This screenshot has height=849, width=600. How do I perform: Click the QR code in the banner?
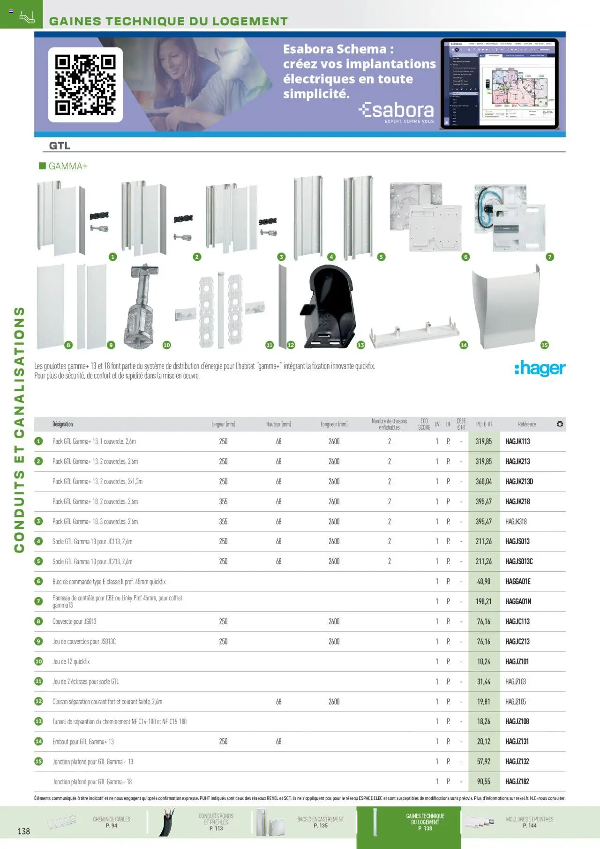[x=85, y=85]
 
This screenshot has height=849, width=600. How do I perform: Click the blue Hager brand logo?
[x=540, y=369]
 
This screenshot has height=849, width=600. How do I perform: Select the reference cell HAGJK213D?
[x=519, y=482]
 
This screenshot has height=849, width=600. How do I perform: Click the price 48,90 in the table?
[x=483, y=582]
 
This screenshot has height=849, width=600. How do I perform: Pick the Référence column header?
[x=527, y=424]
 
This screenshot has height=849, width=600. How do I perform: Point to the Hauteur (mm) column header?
[x=278, y=424]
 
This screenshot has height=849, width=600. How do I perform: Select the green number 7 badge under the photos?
[x=550, y=257]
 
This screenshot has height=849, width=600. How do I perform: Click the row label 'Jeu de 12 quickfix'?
[x=71, y=662]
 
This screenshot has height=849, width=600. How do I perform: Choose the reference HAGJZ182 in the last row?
[x=517, y=782]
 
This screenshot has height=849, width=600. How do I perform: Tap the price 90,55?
[x=483, y=782]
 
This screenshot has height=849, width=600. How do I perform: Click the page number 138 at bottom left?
[x=23, y=832]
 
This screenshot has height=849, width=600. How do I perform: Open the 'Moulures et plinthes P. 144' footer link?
[x=529, y=822]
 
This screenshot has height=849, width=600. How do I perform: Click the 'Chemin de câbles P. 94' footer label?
[x=112, y=822]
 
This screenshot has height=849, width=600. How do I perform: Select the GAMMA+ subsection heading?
[x=67, y=167]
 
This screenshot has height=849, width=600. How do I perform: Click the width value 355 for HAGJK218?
[x=223, y=502]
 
